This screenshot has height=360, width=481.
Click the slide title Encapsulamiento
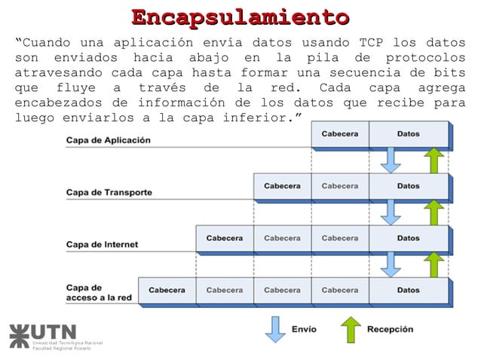pos(240,17)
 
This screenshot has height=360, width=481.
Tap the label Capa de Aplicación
pos(109,140)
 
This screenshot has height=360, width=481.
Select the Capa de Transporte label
pos(109,192)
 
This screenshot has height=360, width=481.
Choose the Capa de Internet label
pos(103,244)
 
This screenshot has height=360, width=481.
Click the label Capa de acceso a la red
pos(99,292)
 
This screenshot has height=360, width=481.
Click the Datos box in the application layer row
pos(409,134)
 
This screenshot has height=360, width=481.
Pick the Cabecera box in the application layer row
pos(340,134)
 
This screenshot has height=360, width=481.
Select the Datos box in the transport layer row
pos(409,186)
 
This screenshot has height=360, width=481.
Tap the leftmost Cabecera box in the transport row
pos(281,186)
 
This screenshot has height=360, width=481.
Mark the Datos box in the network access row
pos(409,290)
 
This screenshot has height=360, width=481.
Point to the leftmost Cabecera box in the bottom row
pos(167,290)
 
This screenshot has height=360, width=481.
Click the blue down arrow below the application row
pos(391,160)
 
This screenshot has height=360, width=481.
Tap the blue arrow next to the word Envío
pos(276,329)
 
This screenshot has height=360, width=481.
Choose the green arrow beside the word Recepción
pos(351,329)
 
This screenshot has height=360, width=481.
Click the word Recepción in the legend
pos(390,329)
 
